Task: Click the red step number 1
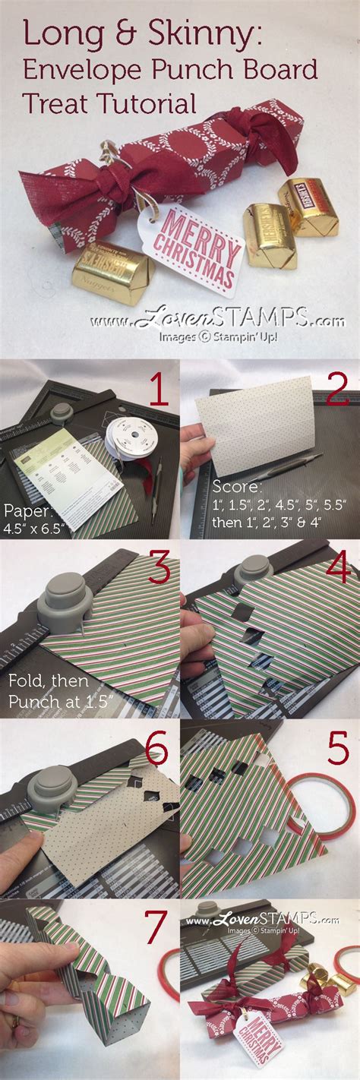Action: point(156,393)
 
